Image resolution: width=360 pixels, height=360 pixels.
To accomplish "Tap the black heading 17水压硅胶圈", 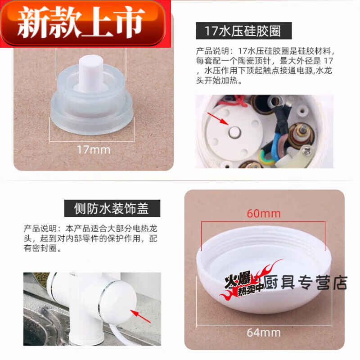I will point(243,31).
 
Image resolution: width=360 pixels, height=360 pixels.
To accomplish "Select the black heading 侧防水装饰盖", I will point(111,208).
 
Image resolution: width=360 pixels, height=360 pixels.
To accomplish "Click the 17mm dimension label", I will point(94,149).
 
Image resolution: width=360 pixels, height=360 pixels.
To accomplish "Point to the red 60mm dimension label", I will point(263,213).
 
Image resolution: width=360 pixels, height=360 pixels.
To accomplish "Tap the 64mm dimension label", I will point(263,333).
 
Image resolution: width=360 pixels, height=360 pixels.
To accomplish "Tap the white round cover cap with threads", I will point(263,274).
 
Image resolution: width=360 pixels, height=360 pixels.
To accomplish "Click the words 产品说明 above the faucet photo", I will point(38,228).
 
